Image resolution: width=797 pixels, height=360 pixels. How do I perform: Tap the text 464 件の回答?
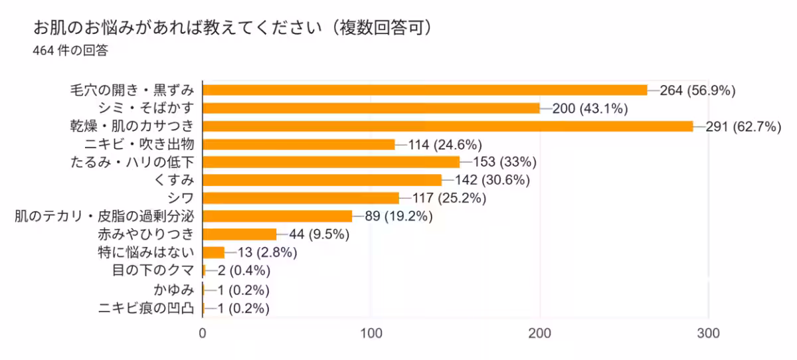[x=70, y=50]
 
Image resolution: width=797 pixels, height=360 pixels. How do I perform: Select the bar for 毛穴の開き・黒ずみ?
[x=424, y=90]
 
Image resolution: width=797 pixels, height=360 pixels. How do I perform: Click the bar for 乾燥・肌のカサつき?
[x=448, y=126]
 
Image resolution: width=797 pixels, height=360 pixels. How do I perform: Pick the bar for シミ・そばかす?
[x=371, y=108]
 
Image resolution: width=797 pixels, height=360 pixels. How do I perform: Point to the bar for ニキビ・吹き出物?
[x=298, y=144]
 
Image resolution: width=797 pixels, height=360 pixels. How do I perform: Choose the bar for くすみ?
[x=322, y=180]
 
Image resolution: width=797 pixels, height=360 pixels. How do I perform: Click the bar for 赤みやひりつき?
[x=239, y=234]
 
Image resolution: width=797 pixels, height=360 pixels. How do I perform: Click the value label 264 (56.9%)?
[x=697, y=90]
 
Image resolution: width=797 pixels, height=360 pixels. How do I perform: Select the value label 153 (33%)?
[x=505, y=162]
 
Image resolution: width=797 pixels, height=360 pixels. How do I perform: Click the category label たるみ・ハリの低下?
[x=132, y=162]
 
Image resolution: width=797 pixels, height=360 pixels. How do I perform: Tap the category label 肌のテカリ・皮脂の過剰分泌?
[x=105, y=216]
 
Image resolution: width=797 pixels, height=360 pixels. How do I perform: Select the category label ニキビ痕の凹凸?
[x=146, y=308]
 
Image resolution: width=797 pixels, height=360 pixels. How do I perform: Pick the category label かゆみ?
[x=173, y=290]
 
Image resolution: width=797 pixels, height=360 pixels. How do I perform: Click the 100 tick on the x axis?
[x=371, y=334]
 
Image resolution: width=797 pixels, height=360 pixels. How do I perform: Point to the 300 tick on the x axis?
[x=709, y=334]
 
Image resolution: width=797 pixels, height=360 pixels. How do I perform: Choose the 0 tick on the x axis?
[x=203, y=334]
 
